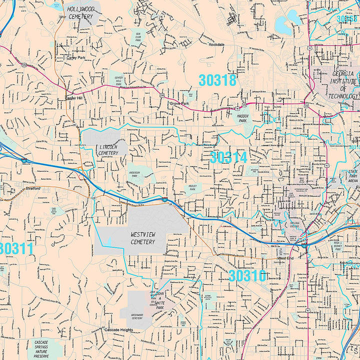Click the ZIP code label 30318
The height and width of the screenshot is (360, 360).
217,80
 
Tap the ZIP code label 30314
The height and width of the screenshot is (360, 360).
228,157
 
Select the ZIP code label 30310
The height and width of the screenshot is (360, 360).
247,275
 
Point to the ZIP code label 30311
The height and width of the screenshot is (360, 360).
16,248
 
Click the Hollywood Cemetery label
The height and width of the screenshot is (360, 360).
80,13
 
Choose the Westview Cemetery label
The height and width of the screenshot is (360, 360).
142,238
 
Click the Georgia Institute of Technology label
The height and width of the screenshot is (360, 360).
344,84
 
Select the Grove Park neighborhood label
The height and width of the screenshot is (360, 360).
179,103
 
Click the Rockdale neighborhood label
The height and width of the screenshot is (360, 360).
217,44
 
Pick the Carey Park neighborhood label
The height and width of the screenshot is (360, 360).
75,57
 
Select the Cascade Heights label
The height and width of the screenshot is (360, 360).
118,330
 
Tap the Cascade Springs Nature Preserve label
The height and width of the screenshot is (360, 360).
41,348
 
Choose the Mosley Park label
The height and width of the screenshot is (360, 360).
192,187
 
